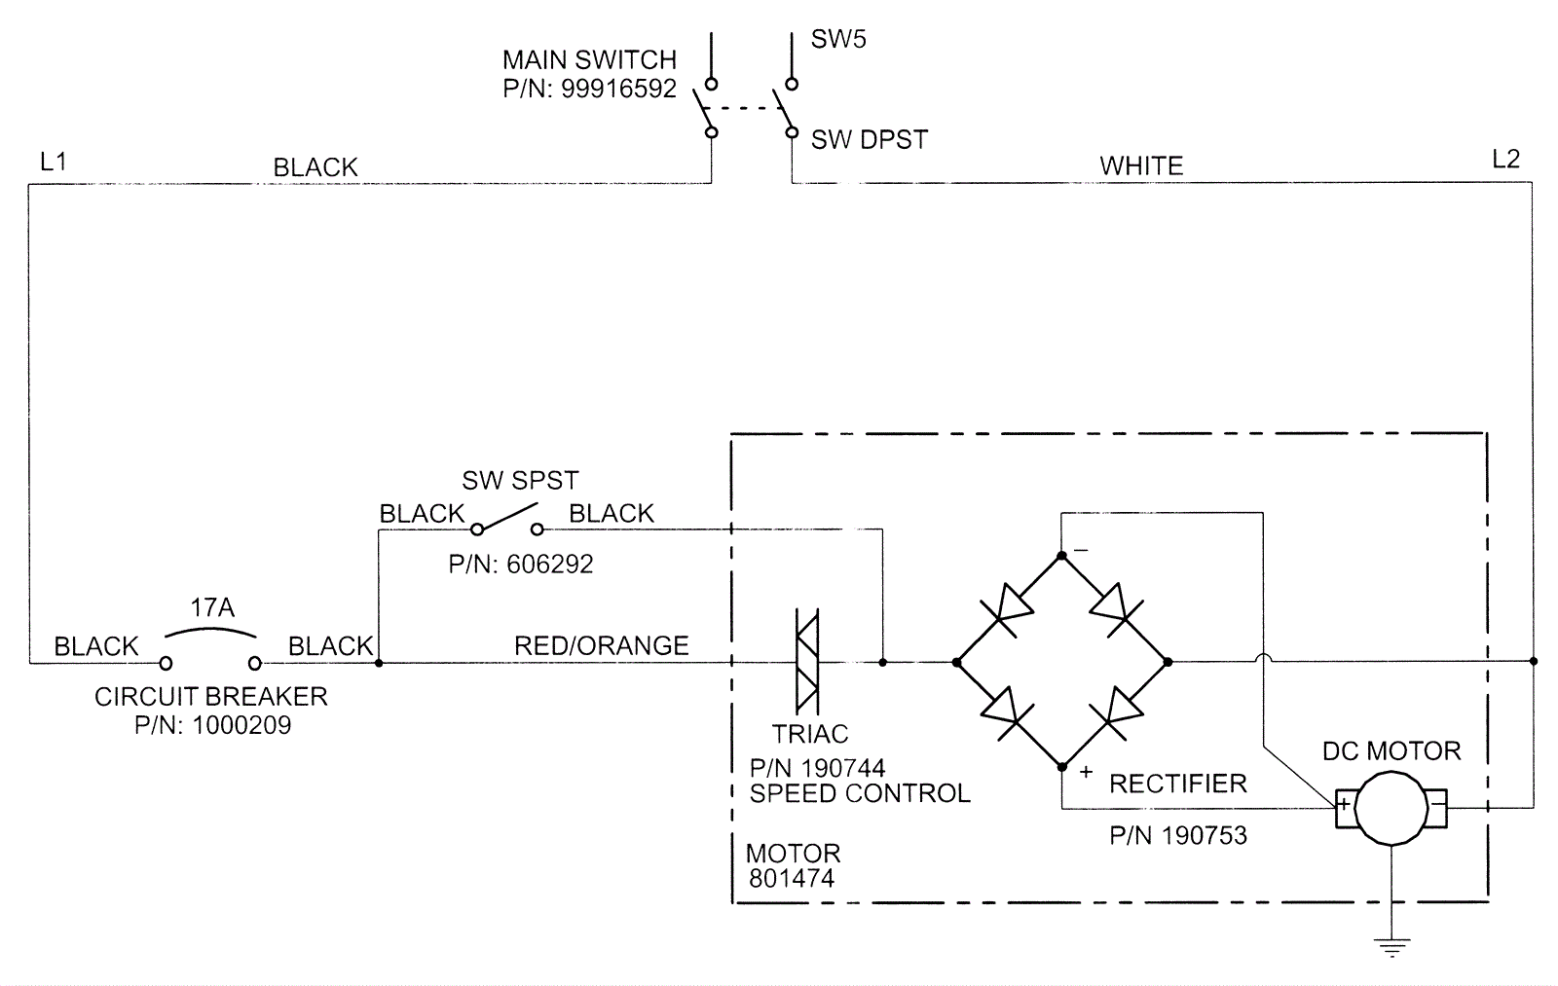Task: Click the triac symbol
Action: coord(807,662)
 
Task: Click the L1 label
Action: coord(54,162)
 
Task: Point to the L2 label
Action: coord(1505,160)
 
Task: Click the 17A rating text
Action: coord(211,608)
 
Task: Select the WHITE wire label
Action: coord(1141,165)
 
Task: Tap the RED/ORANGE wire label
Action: coord(601,645)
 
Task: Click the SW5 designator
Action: coord(838,40)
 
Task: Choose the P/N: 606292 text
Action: coord(521,565)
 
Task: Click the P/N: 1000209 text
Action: coord(212,725)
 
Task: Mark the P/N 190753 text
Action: coord(1178,835)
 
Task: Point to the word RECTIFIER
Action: coord(1178,784)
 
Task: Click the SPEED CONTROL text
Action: coord(860,793)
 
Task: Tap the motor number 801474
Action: coord(792,877)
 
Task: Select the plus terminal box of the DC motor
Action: coord(1344,805)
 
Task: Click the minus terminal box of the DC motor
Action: coord(1436,805)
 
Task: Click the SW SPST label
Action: coord(520,481)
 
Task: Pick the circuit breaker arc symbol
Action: coord(211,633)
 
